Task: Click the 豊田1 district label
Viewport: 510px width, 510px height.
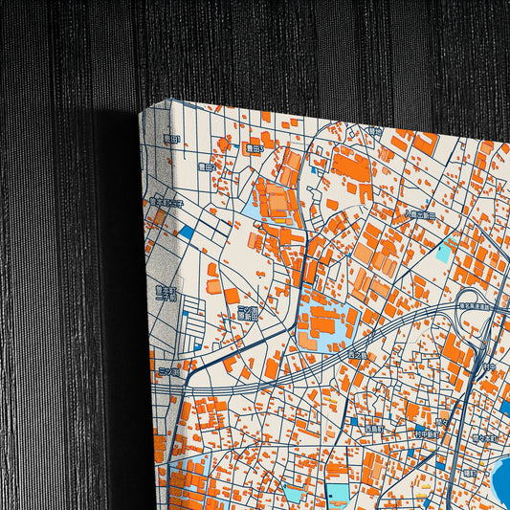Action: click(171, 140)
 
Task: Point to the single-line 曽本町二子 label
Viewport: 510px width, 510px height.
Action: click(168, 202)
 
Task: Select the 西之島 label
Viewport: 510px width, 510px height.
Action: click(356, 356)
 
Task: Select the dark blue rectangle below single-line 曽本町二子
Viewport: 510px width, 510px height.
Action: click(186, 232)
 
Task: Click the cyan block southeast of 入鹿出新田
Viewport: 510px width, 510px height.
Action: click(443, 253)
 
